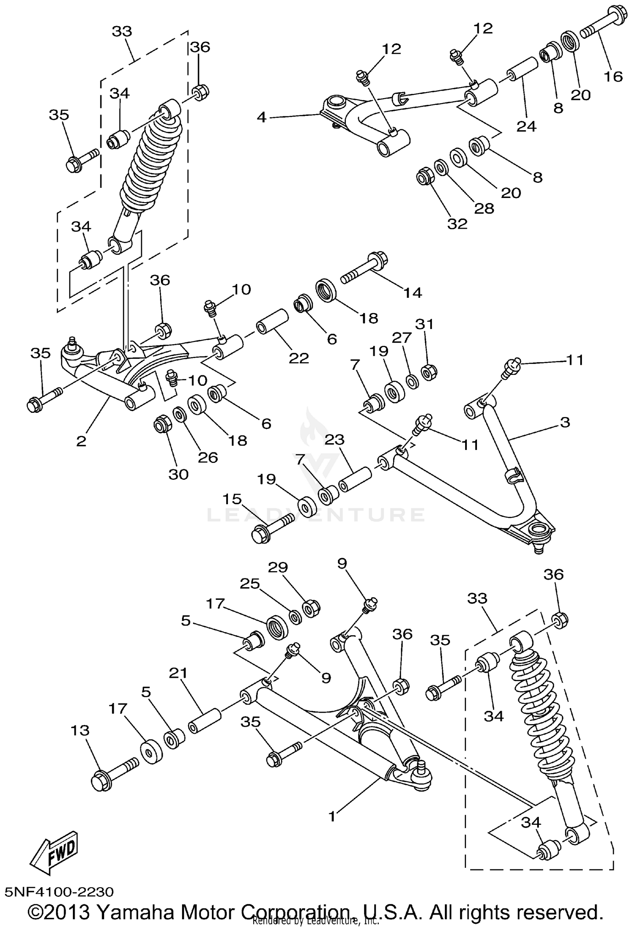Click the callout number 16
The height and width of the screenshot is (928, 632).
[613, 76]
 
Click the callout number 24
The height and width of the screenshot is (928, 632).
[526, 126]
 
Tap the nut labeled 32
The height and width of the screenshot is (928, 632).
[425, 176]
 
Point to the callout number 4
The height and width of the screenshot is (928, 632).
[262, 117]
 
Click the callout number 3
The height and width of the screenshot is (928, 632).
[565, 422]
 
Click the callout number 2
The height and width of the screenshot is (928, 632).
[81, 441]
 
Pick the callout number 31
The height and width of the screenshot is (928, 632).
[424, 324]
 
